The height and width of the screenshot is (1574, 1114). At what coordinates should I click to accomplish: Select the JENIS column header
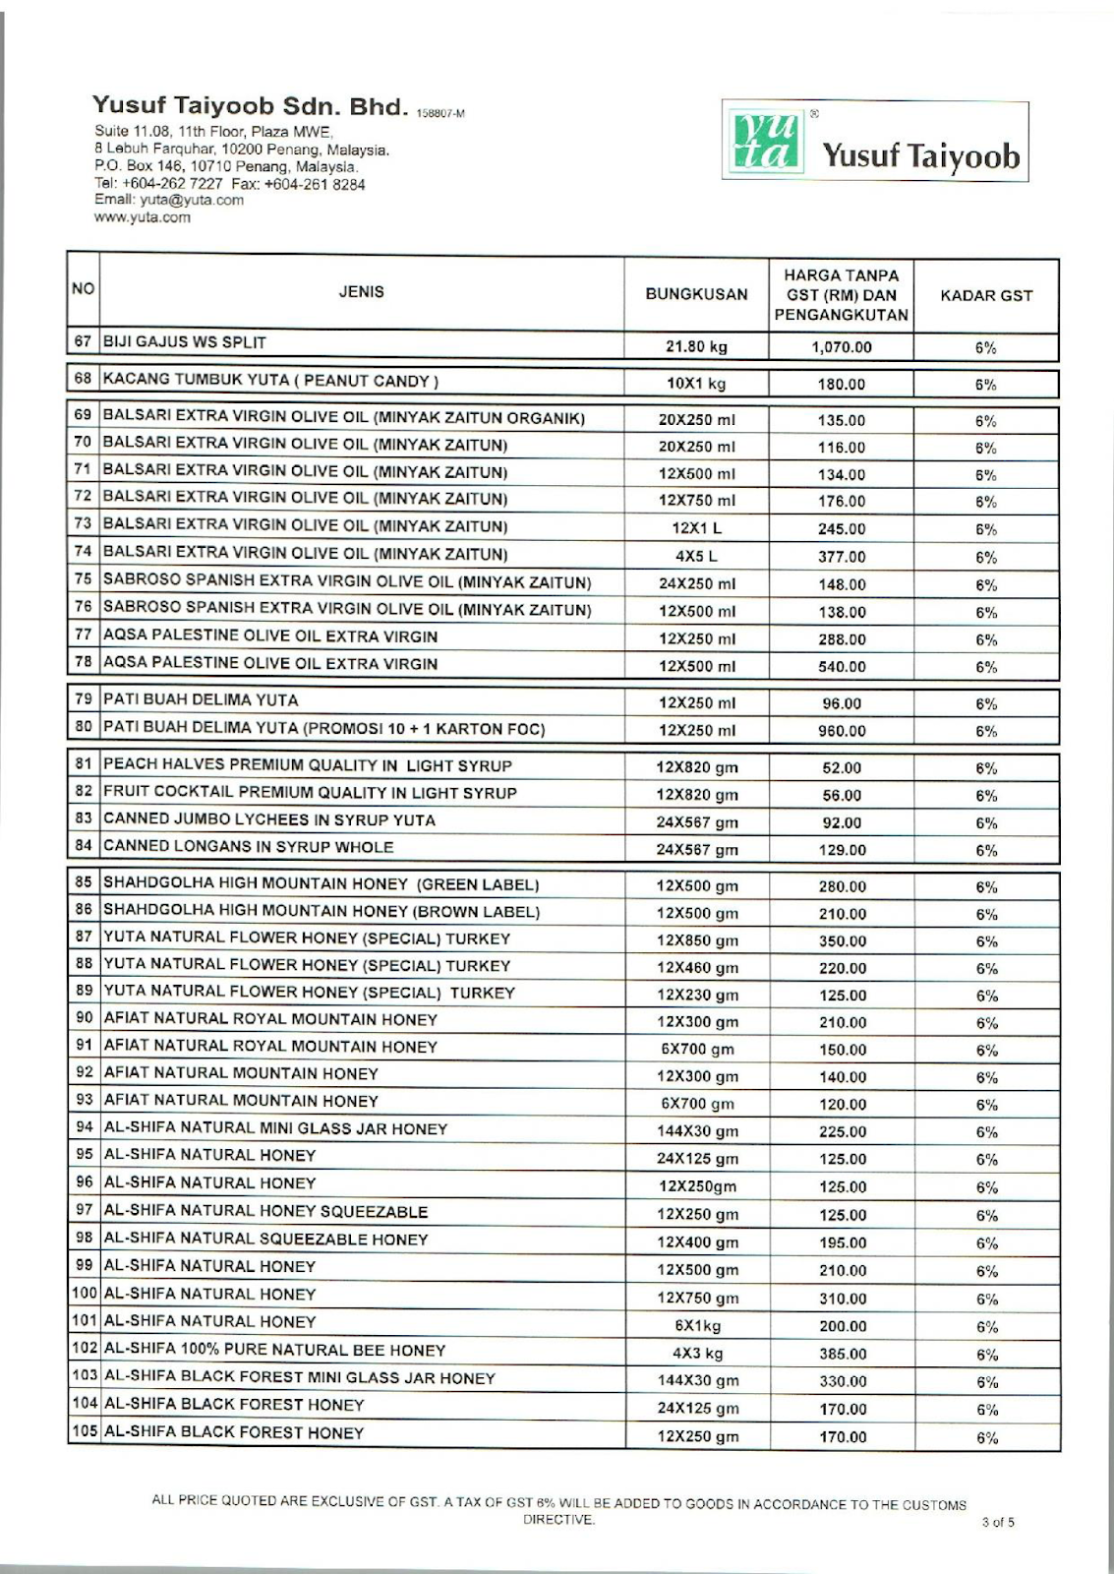pyautogui.click(x=361, y=292)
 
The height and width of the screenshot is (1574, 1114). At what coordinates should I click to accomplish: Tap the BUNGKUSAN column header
pyautogui.click(x=696, y=294)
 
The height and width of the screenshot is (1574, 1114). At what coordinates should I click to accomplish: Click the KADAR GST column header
pyautogui.click(x=986, y=295)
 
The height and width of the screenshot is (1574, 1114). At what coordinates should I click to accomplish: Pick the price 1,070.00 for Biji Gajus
pyautogui.click(x=842, y=347)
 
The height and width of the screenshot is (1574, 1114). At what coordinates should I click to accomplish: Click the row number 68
pyautogui.click(x=84, y=379)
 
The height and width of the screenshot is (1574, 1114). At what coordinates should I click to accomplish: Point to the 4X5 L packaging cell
pyautogui.click(x=696, y=556)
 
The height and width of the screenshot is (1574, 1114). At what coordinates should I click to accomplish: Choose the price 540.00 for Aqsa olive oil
pyautogui.click(x=842, y=667)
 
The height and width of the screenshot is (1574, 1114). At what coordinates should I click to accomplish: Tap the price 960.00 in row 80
pyautogui.click(x=842, y=731)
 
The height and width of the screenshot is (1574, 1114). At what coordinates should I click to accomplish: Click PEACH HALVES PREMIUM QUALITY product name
pyautogui.click(x=308, y=765)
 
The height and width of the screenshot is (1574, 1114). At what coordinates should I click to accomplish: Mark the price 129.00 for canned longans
pyautogui.click(x=842, y=850)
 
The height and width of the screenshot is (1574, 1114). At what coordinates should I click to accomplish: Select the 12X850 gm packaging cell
pyautogui.click(x=696, y=941)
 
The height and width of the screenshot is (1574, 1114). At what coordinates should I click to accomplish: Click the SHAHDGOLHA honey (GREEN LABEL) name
pyautogui.click(x=322, y=884)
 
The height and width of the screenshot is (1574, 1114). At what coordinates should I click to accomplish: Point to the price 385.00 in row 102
pyautogui.click(x=843, y=1354)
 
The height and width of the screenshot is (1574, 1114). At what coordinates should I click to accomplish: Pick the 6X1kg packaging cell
pyautogui.click(x=696, y=1326)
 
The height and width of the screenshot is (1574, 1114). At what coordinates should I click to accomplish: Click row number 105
pyautogui.click(x=85, y=1432)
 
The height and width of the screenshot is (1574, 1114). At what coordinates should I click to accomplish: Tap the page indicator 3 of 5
pyautogui.click(x=997, y=1523)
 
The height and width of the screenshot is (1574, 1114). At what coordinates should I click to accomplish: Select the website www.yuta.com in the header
pyautogui.click(x=143, y=217)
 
